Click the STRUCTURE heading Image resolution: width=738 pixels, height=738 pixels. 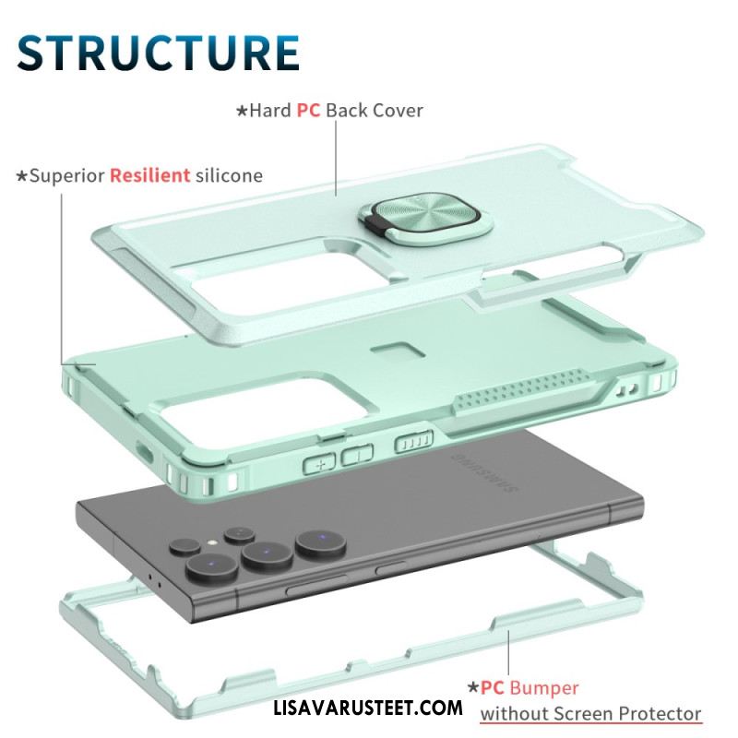[158, 53]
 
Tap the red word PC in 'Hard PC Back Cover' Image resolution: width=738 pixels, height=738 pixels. [308, 111]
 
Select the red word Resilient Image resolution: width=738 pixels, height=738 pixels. [150, 175]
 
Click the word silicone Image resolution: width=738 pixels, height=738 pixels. [229, 175]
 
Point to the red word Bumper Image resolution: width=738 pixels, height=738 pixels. [543, 688]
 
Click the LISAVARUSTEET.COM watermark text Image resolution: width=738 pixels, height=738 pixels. [368, 708]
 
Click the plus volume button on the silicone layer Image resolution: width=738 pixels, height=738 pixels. [319, 464]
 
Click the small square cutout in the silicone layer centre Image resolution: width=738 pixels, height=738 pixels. [399, 351]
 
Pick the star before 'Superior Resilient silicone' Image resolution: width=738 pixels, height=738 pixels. [21, 176]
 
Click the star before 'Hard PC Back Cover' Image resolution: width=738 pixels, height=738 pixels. [242, 111]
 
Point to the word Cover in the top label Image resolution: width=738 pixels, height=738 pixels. [399, 111]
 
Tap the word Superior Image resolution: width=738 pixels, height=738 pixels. [66, 176]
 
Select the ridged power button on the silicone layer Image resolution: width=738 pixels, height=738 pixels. [413, 442]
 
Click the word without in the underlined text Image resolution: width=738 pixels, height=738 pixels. [514, 714]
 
